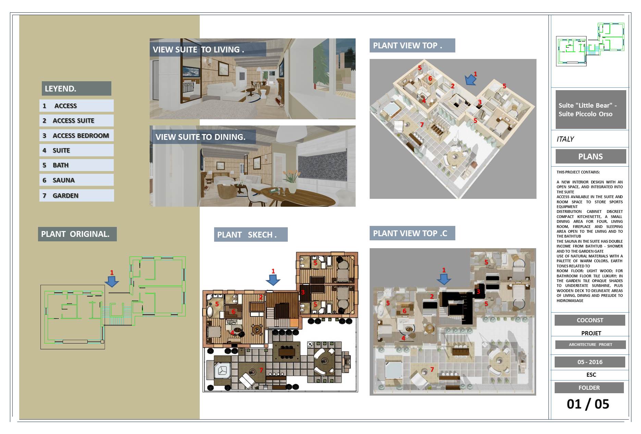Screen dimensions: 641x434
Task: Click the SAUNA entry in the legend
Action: (76, 180)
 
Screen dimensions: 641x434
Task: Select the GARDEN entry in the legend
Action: (76, 195)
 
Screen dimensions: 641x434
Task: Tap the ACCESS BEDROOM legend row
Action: (76, 135)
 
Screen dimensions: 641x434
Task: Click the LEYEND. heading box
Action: (76, 88)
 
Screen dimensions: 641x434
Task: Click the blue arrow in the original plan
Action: (112, 282)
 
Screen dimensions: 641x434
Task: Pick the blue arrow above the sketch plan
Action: (273, 280)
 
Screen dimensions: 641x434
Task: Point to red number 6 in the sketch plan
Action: (234, 312)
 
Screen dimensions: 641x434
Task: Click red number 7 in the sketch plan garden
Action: (261, 370)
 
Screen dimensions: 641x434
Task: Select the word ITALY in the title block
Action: (565, 139)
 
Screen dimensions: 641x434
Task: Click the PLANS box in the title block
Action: (591, 157)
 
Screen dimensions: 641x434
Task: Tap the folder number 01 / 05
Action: (588, 404)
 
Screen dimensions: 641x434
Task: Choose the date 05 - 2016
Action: (590, 362)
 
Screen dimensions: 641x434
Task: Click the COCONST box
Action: (590, 320)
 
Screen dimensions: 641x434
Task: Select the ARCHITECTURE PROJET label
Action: (591, 345)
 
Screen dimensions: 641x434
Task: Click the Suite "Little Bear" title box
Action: (591, 110)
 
